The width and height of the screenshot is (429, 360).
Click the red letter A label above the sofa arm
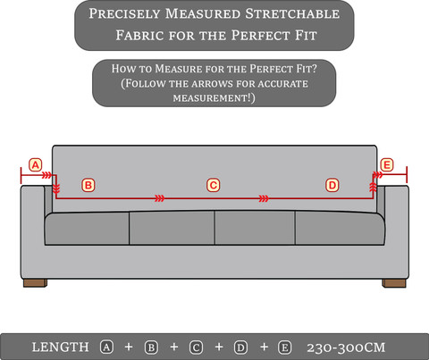coord(36,165)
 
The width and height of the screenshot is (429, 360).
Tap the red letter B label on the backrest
coord(88,185)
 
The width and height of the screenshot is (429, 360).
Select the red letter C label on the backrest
coord(214,185)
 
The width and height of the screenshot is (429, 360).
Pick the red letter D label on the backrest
coord(332,185)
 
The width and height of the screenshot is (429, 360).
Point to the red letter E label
coord(387,165)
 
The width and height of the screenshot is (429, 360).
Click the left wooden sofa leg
coord(35,283)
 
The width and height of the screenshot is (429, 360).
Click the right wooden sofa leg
coord(394,283)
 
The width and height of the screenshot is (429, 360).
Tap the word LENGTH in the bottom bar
coord(60,347)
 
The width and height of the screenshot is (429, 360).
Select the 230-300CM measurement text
coord(346,347)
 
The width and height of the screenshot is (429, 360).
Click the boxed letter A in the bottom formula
coord(106,347)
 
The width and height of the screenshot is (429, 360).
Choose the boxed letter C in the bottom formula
coord(196,347)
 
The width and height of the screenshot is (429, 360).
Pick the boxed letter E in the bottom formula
coord(285,347)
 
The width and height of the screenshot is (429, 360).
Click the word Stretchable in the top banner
coord(292,14)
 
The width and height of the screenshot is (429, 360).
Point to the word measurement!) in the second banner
coord(214,97)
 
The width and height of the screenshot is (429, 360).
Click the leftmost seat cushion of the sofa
coord(87,229)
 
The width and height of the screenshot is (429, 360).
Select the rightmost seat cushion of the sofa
coord(340,229)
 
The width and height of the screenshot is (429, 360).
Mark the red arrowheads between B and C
coord(160,198)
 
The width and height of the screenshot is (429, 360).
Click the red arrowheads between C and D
coord(264,198)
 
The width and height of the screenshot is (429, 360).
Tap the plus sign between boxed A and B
coord(129,347)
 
